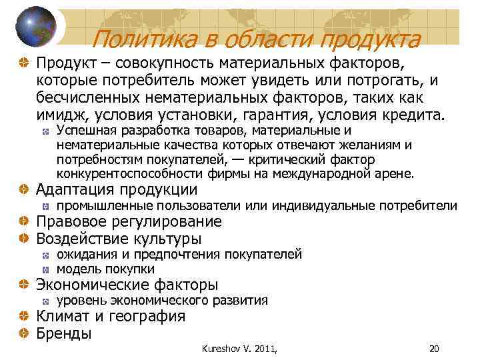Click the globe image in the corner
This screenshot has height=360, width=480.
point(35,25)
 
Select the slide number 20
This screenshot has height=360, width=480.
point(434,347)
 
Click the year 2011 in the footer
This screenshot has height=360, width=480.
point(264,347)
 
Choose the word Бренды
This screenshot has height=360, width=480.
point(64,333)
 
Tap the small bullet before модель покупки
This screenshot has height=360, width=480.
point(45,270)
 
